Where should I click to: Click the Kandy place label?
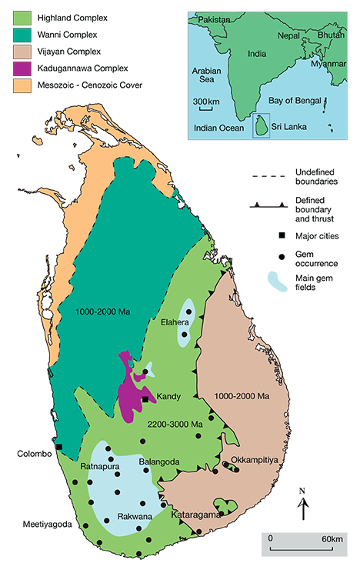[168, 397]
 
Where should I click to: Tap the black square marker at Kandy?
[145, 398]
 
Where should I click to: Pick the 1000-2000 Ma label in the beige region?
[242, 397]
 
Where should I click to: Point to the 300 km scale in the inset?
[205, 102]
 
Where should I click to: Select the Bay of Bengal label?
[301, 101]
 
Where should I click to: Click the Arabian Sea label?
[207, 78]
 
